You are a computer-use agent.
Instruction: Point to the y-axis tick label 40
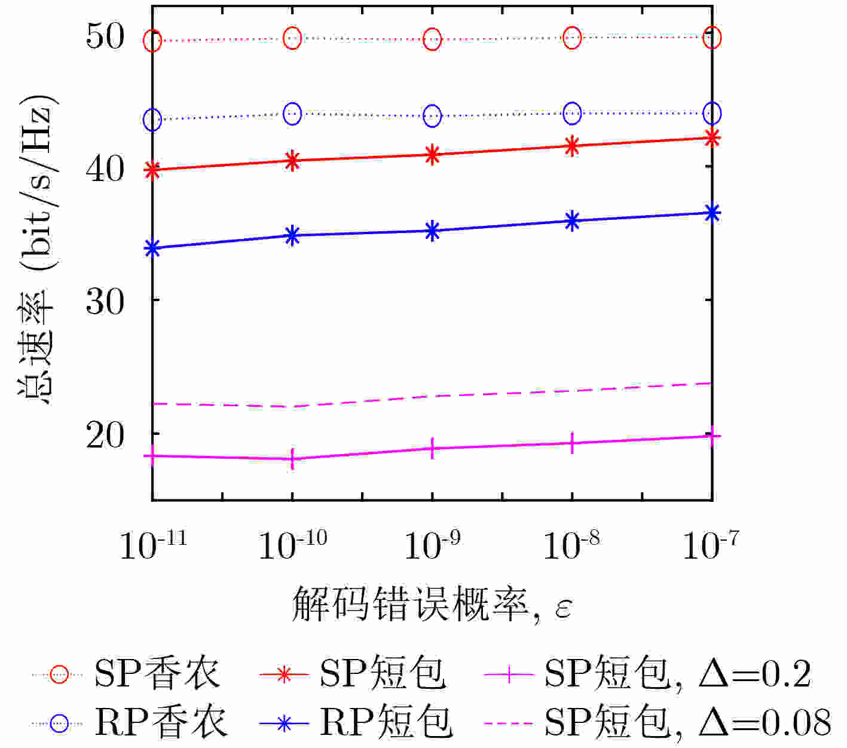(105, 169)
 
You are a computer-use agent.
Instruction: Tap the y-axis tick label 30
(105, 302)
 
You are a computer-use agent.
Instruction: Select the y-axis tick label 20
(105, 436)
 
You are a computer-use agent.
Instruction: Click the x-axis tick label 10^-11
(153, 544)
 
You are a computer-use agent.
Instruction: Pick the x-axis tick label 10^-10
(293, 544)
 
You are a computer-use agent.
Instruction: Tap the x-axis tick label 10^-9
(432, 544)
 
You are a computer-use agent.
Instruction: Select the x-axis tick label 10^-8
(571, 544)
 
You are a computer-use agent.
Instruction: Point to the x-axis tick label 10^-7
(711, 544)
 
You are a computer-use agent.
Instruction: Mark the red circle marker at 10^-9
(432, 39)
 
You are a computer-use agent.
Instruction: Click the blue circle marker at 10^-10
(293, 113)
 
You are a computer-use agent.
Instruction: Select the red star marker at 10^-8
(572, 146)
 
